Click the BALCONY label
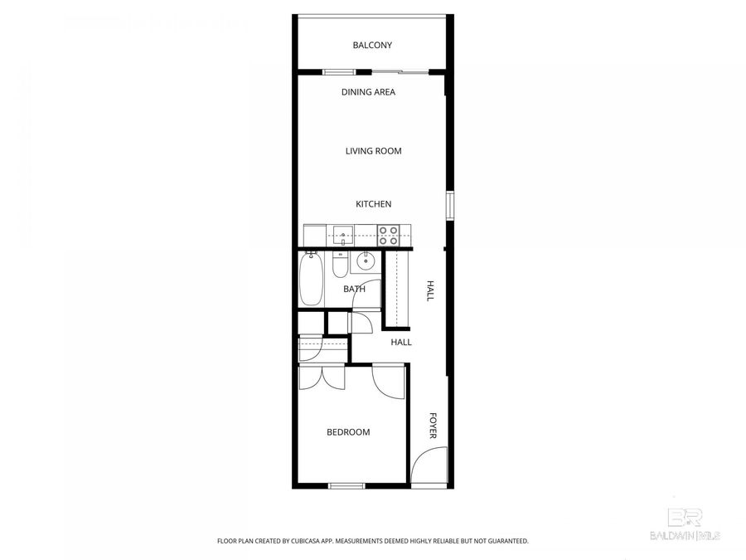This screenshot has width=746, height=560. coord(372,46)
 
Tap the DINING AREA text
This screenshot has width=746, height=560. coord(368,92)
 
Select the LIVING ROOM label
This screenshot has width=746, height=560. coord(373,151)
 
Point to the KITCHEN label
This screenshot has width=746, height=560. coord(373,204)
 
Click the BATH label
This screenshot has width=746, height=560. coord(354,290)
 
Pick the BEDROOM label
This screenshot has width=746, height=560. coord(348,432)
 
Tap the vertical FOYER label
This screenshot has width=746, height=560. coord(432,426)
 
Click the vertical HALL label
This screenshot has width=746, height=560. coord(430,290)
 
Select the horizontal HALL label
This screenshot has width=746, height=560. coord(401,342)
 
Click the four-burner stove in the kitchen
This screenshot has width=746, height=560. coord(387,235)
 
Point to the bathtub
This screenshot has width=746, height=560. coord(312,280)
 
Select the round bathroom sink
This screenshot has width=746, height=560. coord(365,262)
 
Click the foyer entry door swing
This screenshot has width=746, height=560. coord(429,466)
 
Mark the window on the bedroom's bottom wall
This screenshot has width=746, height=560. coord(346,485)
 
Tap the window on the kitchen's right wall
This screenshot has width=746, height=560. coord(449,206)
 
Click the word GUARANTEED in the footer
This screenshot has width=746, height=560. coord(506,541)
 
